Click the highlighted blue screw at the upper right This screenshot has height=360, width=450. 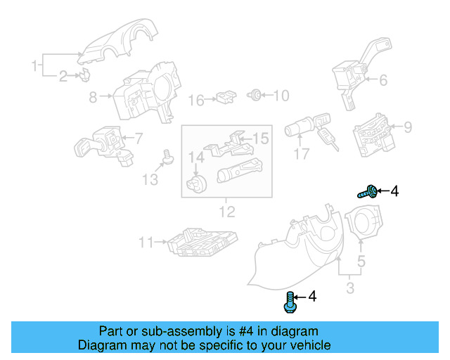(x=368, y=191)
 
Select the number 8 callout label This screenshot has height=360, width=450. (x=93, y=98)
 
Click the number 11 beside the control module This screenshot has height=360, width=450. (x=146, y=243)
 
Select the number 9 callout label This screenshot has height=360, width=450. (x=407, y=127)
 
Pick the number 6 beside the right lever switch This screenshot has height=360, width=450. (x=383, y=81)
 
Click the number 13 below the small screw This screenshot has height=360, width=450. (x=150, y=181)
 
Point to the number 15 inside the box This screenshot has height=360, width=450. (x=260, y=139)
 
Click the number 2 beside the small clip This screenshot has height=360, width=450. (x=63, y=76)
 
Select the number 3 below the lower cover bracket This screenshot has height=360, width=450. (x=350, y=288)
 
